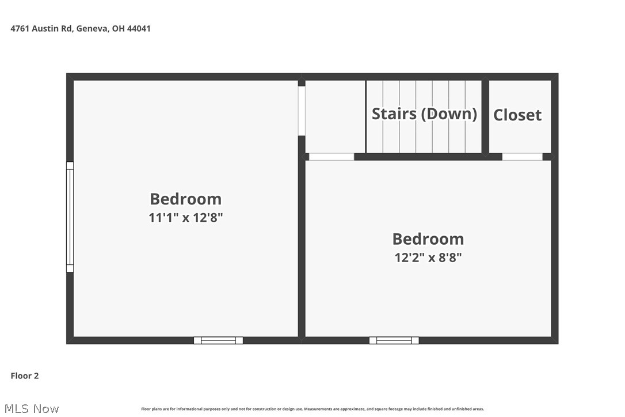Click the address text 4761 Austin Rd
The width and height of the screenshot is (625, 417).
41,28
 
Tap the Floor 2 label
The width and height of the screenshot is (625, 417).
25,376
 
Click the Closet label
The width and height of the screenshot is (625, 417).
517,115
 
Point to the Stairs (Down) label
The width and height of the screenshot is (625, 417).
424,113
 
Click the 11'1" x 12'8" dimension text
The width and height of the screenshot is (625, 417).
185,218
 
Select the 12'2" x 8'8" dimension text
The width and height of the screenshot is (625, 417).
428,257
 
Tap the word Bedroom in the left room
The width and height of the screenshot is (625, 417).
185,199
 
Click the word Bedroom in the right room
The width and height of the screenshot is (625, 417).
428,238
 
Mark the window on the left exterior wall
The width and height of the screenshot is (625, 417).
70,217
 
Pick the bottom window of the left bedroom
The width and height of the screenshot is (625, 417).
218,340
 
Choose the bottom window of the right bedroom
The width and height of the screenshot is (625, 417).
394,340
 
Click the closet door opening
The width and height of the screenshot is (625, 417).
522,157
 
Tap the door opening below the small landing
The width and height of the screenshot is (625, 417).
331,157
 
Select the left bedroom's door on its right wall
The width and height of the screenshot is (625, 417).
301,111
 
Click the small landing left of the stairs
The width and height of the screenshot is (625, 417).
335,116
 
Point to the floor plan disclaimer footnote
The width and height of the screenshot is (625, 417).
312,409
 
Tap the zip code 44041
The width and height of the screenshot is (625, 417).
138,28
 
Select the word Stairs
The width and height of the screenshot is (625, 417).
394,113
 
